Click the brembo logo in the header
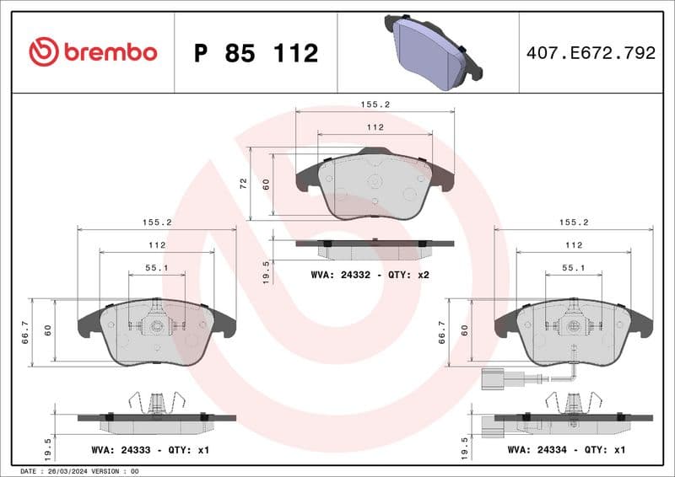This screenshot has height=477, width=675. [93, 52]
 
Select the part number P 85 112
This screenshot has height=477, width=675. [256, 53]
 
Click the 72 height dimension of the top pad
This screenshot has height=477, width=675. [243, 183]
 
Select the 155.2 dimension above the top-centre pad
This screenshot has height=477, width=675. [375, 105]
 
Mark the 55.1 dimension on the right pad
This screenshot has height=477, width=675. [574, 267]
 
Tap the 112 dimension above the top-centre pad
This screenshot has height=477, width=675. [375, 127]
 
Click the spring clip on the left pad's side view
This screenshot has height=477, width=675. [155, 403]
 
